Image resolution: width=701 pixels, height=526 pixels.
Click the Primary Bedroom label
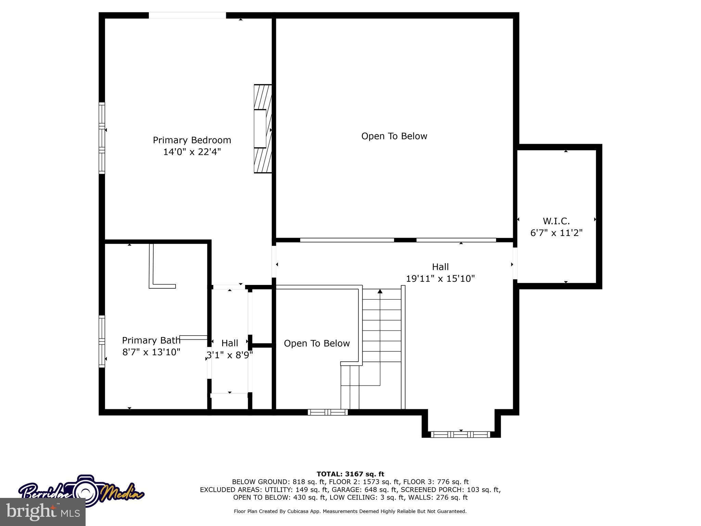(x=192, y=140)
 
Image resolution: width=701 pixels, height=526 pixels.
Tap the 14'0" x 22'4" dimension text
(x=192, y=152)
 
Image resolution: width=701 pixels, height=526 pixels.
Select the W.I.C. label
(x=556, y=221)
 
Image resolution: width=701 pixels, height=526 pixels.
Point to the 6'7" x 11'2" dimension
(x=556, y=233)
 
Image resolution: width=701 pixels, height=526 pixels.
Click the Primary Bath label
(x=151, y=340)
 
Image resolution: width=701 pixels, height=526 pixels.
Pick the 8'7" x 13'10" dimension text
(x=151, y=352)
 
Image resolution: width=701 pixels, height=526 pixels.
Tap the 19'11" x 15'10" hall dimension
(x=440, y=278)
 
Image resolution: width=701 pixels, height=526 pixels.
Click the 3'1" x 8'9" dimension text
(x=229, y=355)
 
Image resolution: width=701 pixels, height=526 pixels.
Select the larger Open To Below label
(x=394, y=136)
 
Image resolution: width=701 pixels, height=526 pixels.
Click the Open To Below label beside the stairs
(x=317, y=343)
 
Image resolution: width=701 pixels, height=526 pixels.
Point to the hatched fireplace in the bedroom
(x=263, y=129)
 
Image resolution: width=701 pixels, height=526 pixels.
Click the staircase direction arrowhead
(x=380, y=291)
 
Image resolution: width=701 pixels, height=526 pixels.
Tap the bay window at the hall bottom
(x=460, y=435)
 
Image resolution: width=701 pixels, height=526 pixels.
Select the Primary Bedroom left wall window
(x=102, y=138)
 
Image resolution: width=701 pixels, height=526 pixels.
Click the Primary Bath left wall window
(x=102, y=341)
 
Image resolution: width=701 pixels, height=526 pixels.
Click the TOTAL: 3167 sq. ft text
(x=350, y=474)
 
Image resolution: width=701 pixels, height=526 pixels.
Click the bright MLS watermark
(x=43, y=512)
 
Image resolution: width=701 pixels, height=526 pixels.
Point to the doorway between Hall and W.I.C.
(x=515, y=264)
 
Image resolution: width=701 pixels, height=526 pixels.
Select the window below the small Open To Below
(x=328, y=412)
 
